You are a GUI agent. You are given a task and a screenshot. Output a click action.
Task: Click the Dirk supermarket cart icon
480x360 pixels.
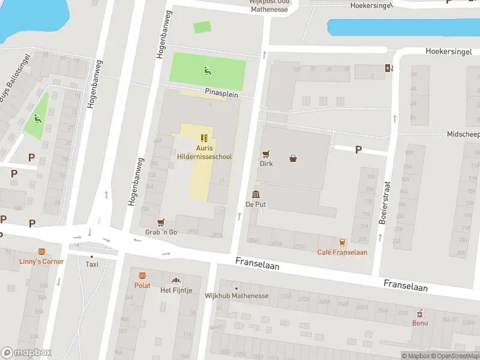266,154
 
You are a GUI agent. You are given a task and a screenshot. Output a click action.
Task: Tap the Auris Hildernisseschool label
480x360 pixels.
205,152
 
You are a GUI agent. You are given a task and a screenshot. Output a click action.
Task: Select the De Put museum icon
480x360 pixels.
256,194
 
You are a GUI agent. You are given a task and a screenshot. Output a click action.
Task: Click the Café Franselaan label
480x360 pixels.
342,252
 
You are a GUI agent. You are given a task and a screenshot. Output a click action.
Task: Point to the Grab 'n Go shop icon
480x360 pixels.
161,223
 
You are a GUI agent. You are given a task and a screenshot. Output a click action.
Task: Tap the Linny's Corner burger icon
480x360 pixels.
41,252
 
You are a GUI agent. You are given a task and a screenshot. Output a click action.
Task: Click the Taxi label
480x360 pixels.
92,264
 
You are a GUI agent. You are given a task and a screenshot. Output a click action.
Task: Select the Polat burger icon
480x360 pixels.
143,276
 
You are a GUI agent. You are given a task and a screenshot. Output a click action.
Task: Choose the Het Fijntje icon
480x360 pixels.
176,280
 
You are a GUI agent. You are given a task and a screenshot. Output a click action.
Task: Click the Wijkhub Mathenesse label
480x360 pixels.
235,295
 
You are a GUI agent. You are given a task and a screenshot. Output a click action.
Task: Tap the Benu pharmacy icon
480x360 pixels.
420,313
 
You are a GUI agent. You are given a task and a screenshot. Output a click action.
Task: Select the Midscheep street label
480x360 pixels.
463,134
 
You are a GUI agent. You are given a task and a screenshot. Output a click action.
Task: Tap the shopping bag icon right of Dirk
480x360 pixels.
293,159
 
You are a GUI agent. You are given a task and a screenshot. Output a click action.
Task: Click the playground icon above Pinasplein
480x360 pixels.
208,71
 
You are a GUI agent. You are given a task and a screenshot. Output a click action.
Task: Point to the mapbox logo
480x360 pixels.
26,353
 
